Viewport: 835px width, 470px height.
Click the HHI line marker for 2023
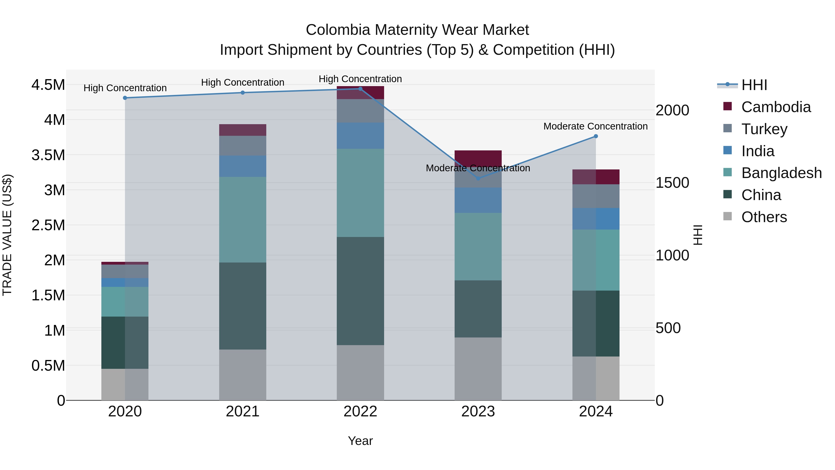click(x=478, y=178)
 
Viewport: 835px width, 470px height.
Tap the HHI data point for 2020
click(x=125, y=98)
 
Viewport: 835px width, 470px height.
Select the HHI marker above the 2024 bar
click(x=596, y=136)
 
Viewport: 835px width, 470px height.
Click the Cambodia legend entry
click(x=776, y=107)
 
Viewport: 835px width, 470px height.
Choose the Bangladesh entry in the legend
click(x=781, y=173)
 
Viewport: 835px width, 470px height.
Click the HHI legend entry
click(x=754, y=85)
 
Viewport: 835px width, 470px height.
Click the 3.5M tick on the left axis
click(x=48, y=155)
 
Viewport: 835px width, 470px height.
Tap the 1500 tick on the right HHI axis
click(x=672, y=183)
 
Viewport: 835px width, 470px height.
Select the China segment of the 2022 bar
click(x=360, y=291)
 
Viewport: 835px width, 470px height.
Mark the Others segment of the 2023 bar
click(x=478, y=369)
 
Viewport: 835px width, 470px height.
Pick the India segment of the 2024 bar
click(x=596, y=219)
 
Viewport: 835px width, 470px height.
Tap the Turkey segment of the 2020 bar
click(x=125, y=272)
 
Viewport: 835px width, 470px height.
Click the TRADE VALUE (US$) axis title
click(x=7, y=235)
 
